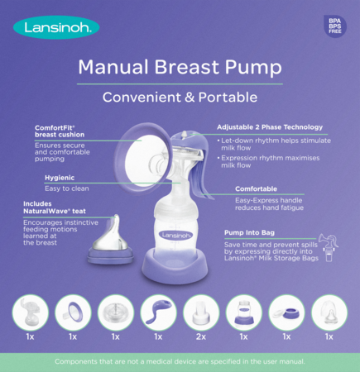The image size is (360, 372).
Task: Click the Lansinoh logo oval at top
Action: click(x=56, y=27)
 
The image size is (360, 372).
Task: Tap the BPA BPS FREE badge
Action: click(x=335, y=26)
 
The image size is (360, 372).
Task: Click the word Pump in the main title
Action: click(x=253, y=67)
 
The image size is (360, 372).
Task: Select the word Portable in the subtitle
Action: click(x=228, y=98)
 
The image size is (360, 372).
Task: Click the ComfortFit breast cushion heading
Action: click(x=60, y=131)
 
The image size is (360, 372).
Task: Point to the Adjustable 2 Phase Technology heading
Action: click(x=270, y=127)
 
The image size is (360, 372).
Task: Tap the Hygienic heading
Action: click(x=60, y=178)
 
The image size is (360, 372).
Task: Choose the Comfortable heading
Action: click(x=256, y=189)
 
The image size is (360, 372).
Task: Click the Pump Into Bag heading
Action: click(x=249, y=233)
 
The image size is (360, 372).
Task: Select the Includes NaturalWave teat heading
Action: click(x=55, y=207)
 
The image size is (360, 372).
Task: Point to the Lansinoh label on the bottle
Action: click(x=175, y=235)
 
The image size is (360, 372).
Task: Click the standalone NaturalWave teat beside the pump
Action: click(x=111, y=241)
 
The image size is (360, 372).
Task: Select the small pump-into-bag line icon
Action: click(x=329, y=248)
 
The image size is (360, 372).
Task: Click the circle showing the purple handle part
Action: click(x=158, y=312)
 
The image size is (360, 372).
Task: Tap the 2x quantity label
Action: click(x=201, y=336)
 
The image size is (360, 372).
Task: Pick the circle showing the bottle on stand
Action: click(x=244, y=312)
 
